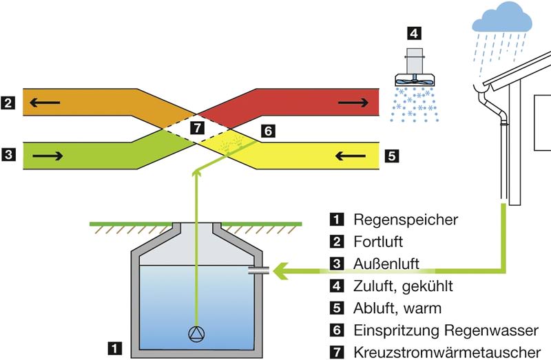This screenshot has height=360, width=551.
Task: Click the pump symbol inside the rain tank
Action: (x=196, y=334)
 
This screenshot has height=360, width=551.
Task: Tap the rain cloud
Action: (x=502, y=19)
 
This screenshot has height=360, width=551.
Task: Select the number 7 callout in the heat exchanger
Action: (x=197, y=127)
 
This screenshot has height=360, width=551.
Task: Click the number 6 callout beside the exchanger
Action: (x=268, y=131)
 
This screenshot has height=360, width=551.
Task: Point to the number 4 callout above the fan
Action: (x=414, y=33)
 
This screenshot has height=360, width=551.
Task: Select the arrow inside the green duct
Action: (x=48, y=156)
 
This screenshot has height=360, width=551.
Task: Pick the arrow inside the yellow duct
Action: (x=351, y=156)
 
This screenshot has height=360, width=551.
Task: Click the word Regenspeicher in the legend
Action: (x=406, y=220)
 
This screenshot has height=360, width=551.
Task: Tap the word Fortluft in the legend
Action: (x=378, y=242)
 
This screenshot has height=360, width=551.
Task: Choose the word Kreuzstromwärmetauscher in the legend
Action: (x=447, y=352)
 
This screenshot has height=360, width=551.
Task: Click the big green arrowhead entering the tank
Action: (x=281, y=271)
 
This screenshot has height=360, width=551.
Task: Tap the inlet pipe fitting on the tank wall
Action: (x=259, y=271)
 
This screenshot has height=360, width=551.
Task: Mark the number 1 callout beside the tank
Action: (x=115, y=348)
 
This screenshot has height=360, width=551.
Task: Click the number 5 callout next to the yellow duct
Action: (x=392, y=156)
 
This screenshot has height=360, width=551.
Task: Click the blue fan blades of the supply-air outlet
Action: (x=415, y=81)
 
